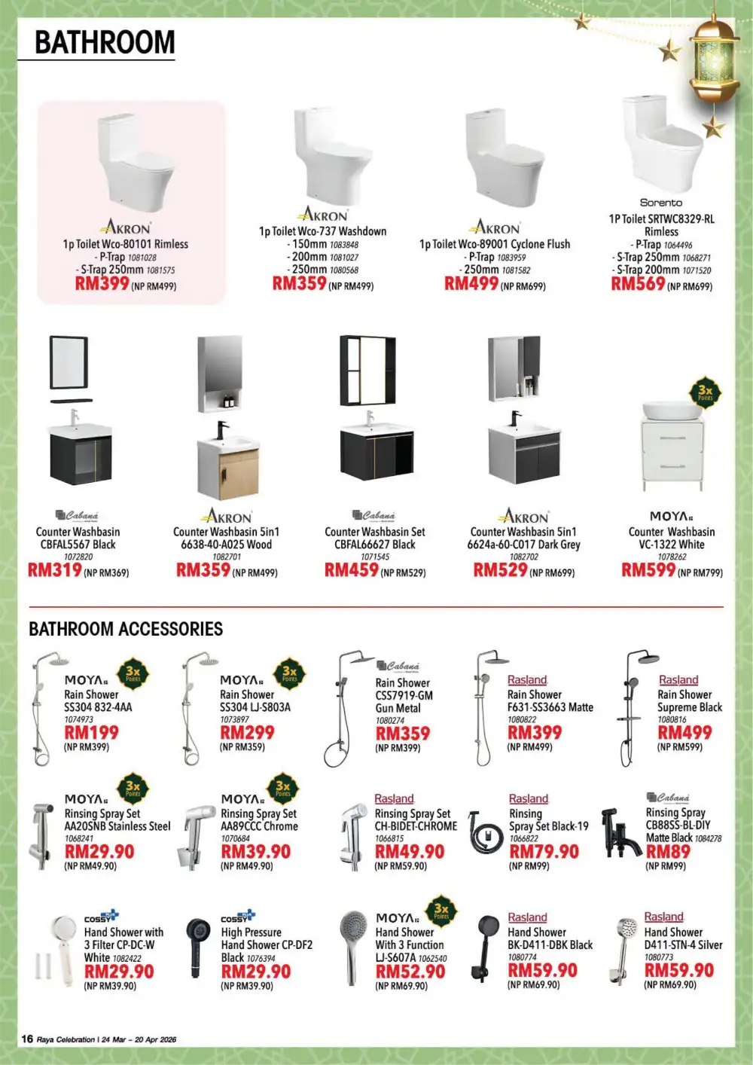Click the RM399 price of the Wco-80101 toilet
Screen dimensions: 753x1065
click(102, 284)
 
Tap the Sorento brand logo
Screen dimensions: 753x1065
click(660, 203)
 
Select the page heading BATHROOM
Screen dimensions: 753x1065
click(105, 43)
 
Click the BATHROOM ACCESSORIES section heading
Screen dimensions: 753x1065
click(126, 629)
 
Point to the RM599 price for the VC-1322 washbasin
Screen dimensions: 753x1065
click(648, 570)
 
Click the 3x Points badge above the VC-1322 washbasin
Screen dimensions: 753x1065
click(705, 392)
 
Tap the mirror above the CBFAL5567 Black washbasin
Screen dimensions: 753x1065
click(69, 363)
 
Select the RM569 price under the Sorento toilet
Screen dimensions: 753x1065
click(638, 284)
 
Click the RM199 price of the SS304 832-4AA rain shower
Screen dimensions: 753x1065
click(91, 732)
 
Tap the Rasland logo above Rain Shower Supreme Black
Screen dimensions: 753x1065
click(678, 680)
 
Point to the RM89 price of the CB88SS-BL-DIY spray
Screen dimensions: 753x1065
click(668, 852)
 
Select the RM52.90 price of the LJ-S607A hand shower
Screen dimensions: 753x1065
click(410, 972)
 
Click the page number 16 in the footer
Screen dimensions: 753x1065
click(27, 1039)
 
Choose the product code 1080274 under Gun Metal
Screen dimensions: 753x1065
click(390, 721)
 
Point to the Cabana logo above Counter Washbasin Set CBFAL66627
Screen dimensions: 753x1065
click(374, 516)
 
